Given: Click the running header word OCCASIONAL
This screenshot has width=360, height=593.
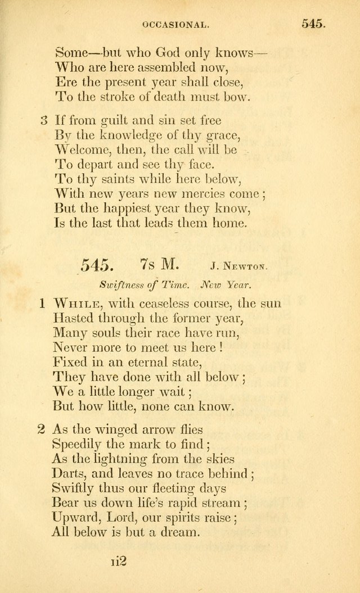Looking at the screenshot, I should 176,25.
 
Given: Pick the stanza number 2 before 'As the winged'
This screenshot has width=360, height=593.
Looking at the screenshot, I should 41,431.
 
